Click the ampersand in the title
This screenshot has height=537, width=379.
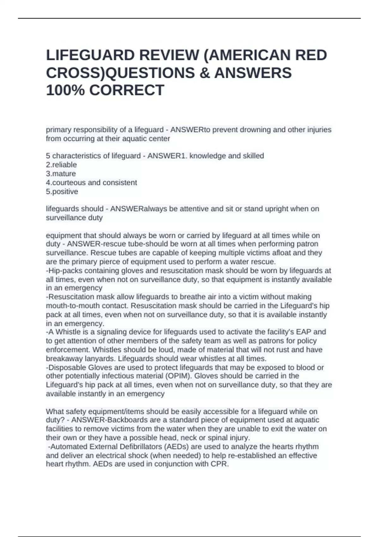(204, 73)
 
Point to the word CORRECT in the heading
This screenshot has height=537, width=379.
(127, 90)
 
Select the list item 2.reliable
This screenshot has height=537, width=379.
(61, 165)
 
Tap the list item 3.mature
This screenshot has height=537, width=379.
(61, 174)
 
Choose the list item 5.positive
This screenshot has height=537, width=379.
(62, 192)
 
